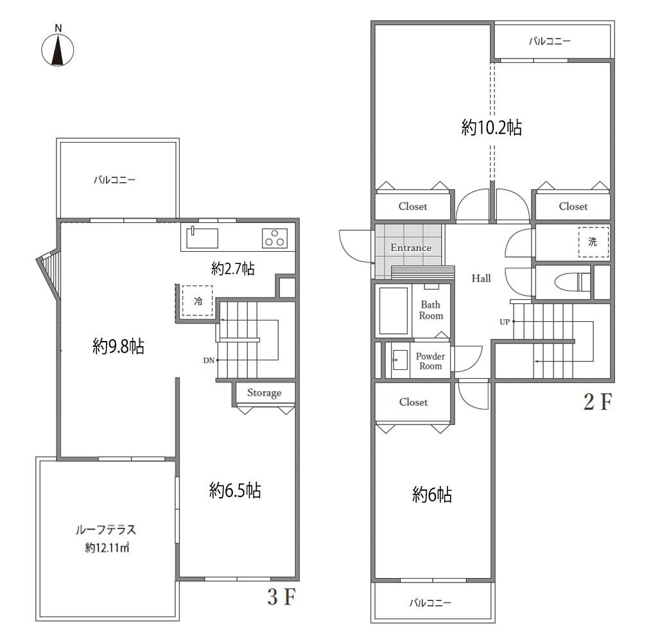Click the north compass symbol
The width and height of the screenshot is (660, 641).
point(58,46)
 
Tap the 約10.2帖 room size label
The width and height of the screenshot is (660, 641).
point(492,127)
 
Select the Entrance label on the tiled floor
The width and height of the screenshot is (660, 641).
point(411,248)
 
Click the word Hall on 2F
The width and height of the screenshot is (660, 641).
point(481,278)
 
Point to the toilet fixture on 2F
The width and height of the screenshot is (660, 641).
point(573,282)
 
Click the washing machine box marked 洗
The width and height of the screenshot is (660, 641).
point(593,241)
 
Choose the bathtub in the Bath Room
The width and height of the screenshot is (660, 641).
point(394,310)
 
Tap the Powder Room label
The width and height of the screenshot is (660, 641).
point(430,362)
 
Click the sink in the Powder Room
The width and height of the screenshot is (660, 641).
point(399,360)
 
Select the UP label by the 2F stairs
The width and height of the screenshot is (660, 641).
point(505,322)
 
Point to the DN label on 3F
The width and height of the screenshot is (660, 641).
point(209,360)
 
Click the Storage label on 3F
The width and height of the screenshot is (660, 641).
point(264,393)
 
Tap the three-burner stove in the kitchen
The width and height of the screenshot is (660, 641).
point(274,238)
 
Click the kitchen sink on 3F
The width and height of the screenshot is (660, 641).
point(202,238)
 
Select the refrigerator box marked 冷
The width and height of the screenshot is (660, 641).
point(197,301)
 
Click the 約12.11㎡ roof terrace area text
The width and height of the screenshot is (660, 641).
point(107,548)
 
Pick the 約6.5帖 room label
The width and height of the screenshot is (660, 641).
point(235,491)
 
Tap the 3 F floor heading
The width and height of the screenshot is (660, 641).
point(282,597)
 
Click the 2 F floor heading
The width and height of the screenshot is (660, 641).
point(598,402)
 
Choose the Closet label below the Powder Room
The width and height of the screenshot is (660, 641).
point(413,402)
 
